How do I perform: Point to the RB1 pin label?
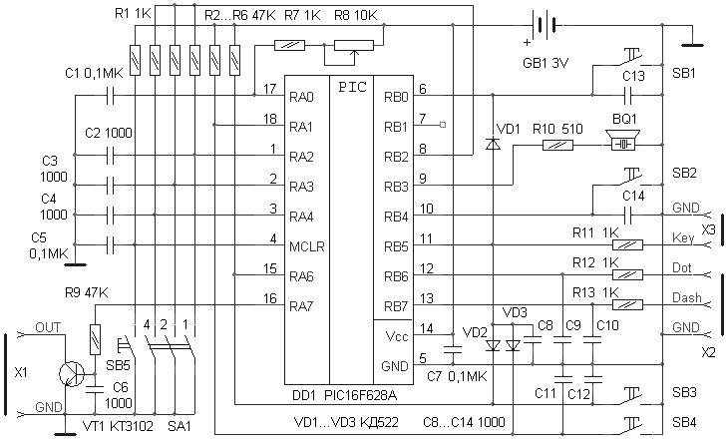coord(395,127)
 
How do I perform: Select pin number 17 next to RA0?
coord(269,90)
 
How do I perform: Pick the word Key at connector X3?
coord(682,238)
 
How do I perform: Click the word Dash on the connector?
coord(685,298)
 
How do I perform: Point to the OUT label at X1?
coord(47,327)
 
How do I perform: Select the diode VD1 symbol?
coord(491,145)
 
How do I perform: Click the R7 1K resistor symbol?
coord(290,45)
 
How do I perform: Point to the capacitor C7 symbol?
coord(452,351)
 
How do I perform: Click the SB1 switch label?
coord(684,74)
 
